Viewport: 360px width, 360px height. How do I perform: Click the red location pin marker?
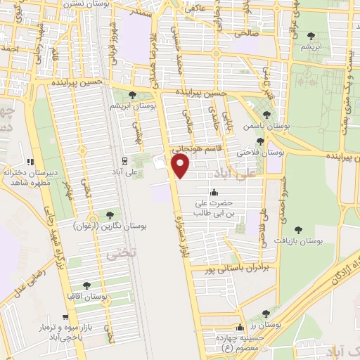pyautogui.click(x=181, y=166)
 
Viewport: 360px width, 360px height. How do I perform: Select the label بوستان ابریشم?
pyautogui.click(x=133, y=105)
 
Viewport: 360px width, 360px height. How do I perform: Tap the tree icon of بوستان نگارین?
pyautogui.click(x=109, y=214)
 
